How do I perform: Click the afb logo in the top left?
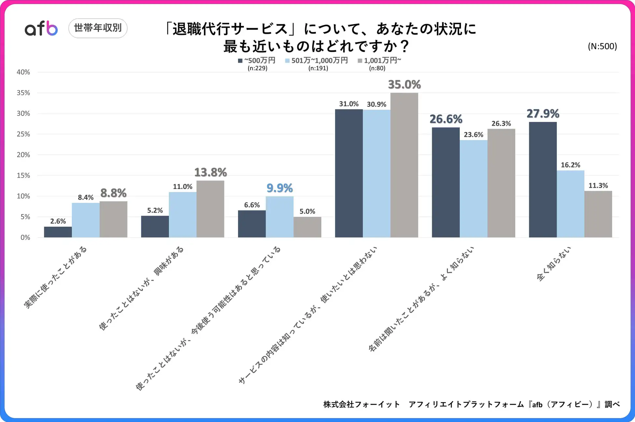[41, 28]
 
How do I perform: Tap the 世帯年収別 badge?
[98, 28]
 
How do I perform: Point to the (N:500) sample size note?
[602, 46]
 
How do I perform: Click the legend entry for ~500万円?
[257, 61]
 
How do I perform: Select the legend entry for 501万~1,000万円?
[317, 61]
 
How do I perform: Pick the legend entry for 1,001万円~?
[380, 61]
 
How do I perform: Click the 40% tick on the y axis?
[23, 72]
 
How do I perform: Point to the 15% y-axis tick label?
[23, 175]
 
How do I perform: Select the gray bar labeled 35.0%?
[404, 165]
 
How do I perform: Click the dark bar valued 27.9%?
[543, 180]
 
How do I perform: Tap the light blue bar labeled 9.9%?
[279, 217]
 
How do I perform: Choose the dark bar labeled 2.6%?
[58, 232]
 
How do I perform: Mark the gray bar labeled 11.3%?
[598, 214]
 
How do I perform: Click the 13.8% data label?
[210, 172]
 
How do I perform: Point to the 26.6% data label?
[446, 119]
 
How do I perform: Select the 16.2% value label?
[570, 165]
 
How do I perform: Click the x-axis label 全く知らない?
[554, 264]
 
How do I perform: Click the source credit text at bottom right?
[471, 404]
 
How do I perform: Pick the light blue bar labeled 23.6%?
[473, 189]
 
